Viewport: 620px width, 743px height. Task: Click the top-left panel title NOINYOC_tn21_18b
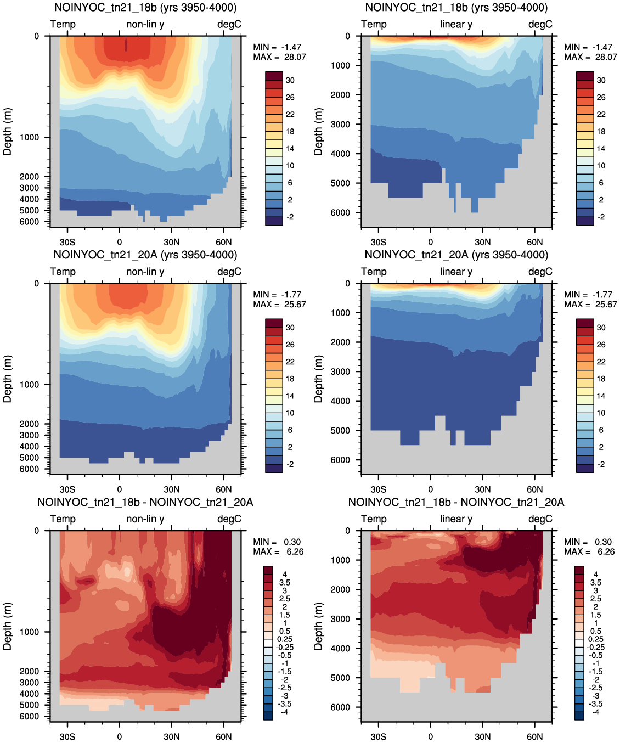(145, 8)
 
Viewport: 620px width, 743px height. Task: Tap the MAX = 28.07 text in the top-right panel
(590, 57)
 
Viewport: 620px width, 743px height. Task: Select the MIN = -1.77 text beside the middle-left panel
(277, 294)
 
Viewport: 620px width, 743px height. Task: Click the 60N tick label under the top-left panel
(223, 242)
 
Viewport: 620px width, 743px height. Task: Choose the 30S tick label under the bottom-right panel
(379, 736)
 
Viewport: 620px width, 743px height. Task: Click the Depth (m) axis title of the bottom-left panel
(7, 626)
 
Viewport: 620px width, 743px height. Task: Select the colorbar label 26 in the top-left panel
(290, 97)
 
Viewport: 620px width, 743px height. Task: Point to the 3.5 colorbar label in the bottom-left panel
(285, 583)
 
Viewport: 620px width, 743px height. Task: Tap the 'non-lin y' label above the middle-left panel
(145, 272)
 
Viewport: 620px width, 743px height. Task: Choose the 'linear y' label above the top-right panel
(456, 24)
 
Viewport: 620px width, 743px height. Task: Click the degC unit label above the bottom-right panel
(540, 519)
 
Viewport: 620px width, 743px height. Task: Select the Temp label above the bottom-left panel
(63, 519)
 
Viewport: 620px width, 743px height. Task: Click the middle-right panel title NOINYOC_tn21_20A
(456, 255)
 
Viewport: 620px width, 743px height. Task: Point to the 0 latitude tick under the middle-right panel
(431, 489)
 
